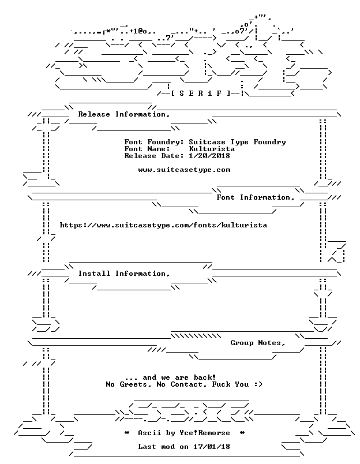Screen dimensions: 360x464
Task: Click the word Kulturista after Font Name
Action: (x=212, y=149)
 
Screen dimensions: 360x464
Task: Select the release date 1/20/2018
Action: (x=209, y=156)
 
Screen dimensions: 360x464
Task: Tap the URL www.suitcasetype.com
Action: (x=184, y=170)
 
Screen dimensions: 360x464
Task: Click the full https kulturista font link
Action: (x=163, y=225)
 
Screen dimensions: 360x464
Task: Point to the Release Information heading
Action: (x=124, y=114)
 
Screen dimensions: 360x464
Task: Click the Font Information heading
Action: (x=256, y=197)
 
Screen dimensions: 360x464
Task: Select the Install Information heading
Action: (x=124, y=274)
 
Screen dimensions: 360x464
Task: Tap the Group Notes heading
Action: (x=258, y=343)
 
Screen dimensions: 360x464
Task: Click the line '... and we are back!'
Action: (x=170, y=377)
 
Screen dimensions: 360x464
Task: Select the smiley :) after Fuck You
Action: (x=258, y=384)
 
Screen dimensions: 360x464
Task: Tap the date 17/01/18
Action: (x=212, y=447)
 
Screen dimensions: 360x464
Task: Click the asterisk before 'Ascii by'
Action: (x=126, y=433)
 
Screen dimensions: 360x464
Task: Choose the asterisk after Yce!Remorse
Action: (x=242, y=433)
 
